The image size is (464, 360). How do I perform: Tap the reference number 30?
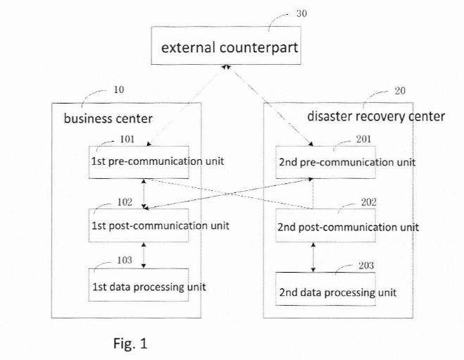point(301,13)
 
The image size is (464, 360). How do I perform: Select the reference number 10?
point(119,89)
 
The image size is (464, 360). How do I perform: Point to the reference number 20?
point(400,91)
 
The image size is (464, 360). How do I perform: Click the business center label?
point(108,119)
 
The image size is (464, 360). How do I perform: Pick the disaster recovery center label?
point(376,116)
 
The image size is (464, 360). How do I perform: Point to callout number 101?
point(127,139)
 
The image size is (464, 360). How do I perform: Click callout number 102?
point(125,202)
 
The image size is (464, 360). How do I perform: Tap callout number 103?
point(125,260)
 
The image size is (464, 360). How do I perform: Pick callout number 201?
point(364,139)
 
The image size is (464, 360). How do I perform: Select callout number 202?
point(369,202)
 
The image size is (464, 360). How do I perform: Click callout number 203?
point(366,266)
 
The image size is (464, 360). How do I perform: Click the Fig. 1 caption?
point(130,344)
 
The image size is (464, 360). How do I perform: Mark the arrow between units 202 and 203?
point(313,257)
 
